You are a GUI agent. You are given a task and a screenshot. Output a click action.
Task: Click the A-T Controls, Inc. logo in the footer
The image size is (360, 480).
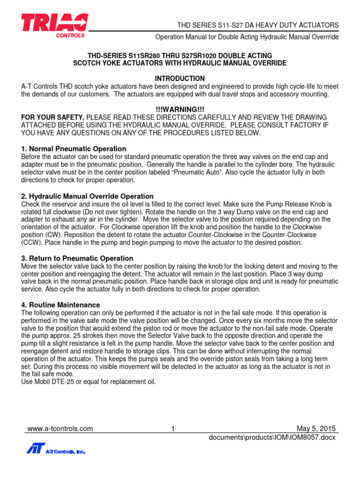[56, 450]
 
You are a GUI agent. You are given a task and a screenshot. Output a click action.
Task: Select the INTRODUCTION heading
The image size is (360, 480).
[180, 78]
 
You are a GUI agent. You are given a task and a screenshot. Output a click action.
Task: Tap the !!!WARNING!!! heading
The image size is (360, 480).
[180, 109]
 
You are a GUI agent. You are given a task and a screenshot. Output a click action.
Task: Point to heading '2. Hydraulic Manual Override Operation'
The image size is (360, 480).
[88, 196]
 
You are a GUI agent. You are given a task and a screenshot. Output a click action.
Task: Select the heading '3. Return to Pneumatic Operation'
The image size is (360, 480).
[77, 258]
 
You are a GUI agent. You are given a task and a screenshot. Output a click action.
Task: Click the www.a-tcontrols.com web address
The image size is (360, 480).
[60, 428]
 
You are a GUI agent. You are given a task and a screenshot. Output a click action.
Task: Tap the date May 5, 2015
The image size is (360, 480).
[317, 428]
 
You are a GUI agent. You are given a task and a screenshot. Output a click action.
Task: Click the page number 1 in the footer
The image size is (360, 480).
[173, 428]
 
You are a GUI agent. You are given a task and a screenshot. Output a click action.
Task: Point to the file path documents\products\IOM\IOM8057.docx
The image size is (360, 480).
[272, 437]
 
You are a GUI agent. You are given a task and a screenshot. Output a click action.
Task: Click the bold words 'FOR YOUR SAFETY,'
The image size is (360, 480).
[53, 117]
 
